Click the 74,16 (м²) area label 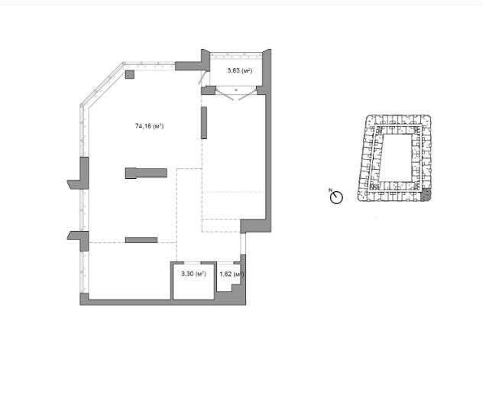tap(150, 126)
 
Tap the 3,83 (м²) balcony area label tap(240, 70)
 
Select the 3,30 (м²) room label tap(194, 274)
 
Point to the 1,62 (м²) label tap(232, 274)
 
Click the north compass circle tap(336, 197)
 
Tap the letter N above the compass tap(330, 190)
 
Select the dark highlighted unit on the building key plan tap(426, 196)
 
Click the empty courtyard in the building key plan tap(397, 158)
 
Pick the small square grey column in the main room tap(130, 74)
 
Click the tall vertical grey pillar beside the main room tap(204, 122)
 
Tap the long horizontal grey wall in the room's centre tap(146, 173)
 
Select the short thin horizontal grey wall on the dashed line tap(141, 240)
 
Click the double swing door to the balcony tap(236, 94)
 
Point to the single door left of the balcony tap(202, 78)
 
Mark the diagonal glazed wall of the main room tap(102, 84)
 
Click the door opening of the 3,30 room tap(193, 263)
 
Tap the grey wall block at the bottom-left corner tap(84, 299)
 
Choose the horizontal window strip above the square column tap(150, 66)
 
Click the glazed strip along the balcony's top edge tap(236, 56)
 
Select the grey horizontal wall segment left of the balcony tap(189, 66)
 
